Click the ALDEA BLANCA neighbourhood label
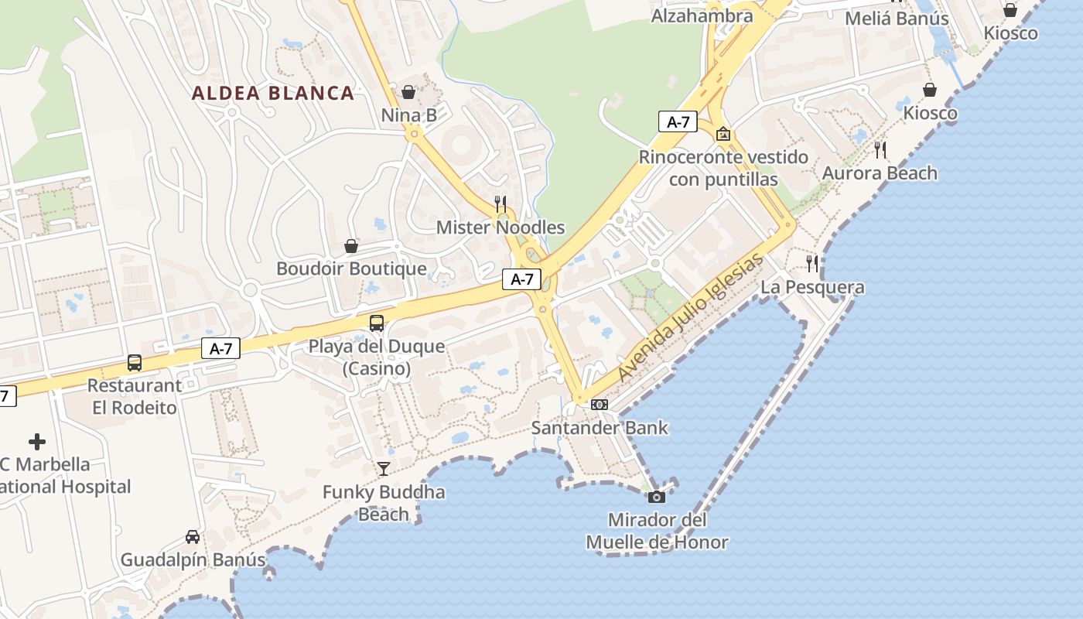coord(272,94)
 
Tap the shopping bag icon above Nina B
coord(408,93)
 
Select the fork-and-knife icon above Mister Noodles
coord(501,204)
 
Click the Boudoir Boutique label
coord(351,268)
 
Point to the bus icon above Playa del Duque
coord(377,323)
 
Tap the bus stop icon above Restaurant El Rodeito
coord(134,362)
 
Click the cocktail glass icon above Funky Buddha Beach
coord(383,468)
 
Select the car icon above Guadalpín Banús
coord(193,536)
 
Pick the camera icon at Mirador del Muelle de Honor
coord(657,497)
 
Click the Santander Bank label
coord(600,428)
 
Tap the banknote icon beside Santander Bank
coord(600,405)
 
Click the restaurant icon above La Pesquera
coord(811,264)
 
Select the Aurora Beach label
coord(880,173)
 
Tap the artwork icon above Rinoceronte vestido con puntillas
coord(723,134)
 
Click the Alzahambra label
coord(702,15)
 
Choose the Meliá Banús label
coord(897,19)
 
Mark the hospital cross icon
coord(37,442)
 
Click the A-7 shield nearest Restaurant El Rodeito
coord(220,348)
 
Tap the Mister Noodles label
coord(501,227)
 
